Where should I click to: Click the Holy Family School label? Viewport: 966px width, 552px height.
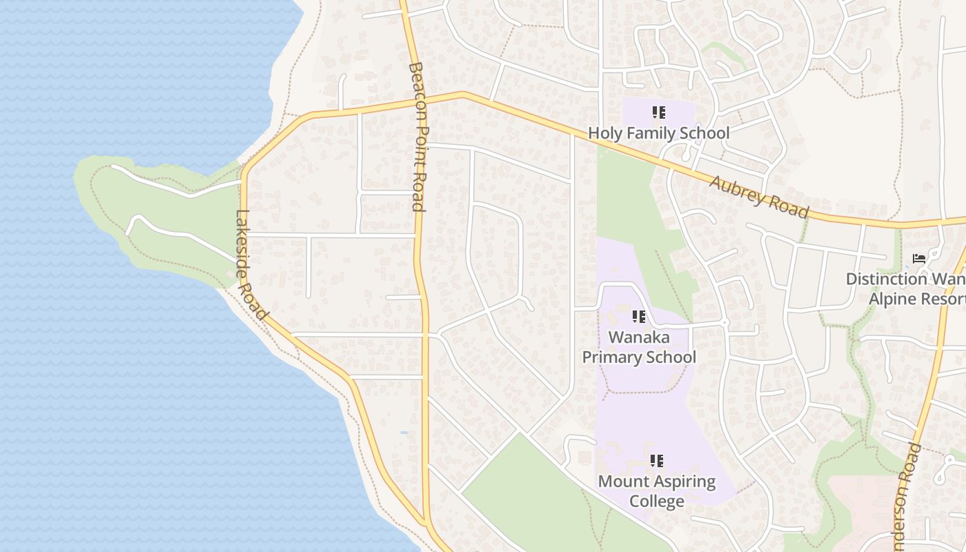pos(658,132)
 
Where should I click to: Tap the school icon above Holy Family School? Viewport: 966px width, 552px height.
pos(658,112)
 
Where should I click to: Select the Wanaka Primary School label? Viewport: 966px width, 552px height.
pos(639,347)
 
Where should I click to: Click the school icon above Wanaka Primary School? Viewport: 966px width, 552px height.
pos(639,317)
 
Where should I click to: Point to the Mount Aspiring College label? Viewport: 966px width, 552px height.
pos(657,491)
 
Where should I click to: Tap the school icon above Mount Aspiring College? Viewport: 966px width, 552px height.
pos(657,460)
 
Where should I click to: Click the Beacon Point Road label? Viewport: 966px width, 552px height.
pos(417,136)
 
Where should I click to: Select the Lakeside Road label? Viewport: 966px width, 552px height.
pos(251,265)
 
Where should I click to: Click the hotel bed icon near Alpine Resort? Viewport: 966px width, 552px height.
pos(918,259)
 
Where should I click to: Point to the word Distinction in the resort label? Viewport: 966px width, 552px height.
pos(886,279)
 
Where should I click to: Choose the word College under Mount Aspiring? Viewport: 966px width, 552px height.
pos(657,501)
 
